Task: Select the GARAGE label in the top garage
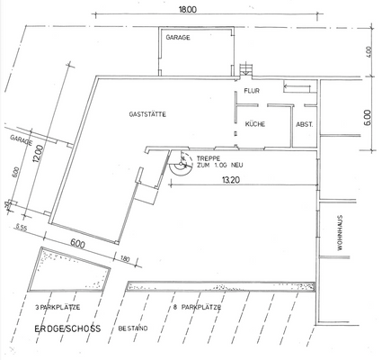click(x=175, y=37)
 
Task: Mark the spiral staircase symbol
click(x=178, y=165)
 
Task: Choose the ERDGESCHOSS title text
click(x=68, y=329)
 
